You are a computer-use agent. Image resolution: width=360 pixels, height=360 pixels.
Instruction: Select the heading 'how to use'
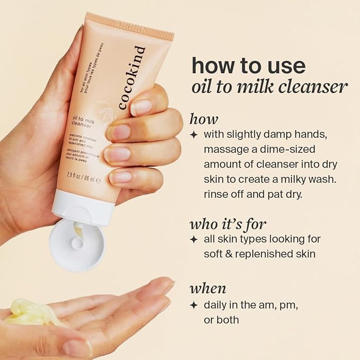pos(248,65)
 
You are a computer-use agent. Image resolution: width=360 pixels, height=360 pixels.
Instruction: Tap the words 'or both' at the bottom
pos(222,320)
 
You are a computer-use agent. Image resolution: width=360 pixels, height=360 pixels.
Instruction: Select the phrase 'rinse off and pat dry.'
pos(251,194)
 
